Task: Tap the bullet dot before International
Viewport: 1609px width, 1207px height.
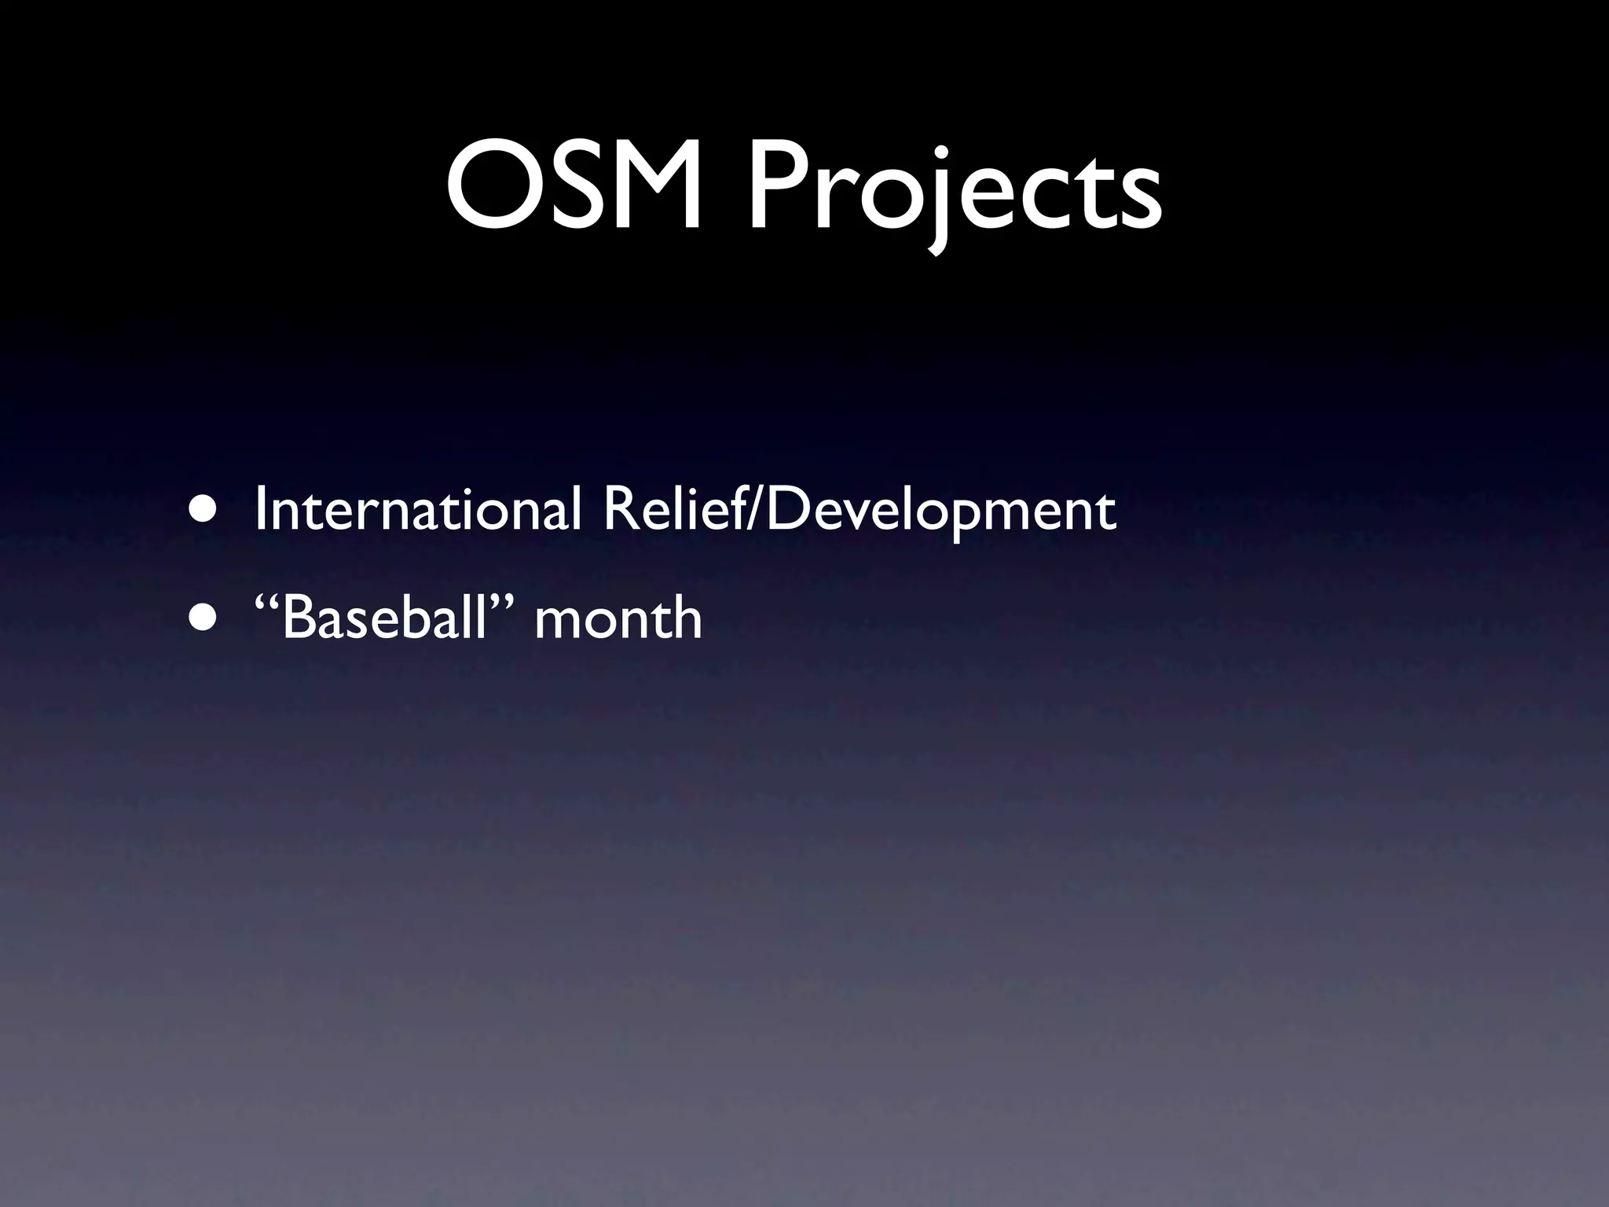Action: (x=203, y=510)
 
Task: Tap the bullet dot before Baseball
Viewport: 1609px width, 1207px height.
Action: (x=203, y=618)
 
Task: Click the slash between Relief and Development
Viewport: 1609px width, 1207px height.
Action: (x=756, y=511)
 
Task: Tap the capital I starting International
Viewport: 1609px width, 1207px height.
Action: (x=261, y=510)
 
